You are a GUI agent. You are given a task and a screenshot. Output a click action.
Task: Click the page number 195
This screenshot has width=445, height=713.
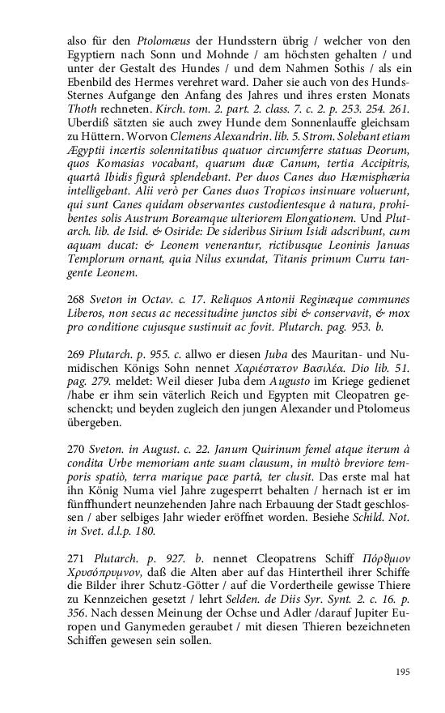tap(403, 672)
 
